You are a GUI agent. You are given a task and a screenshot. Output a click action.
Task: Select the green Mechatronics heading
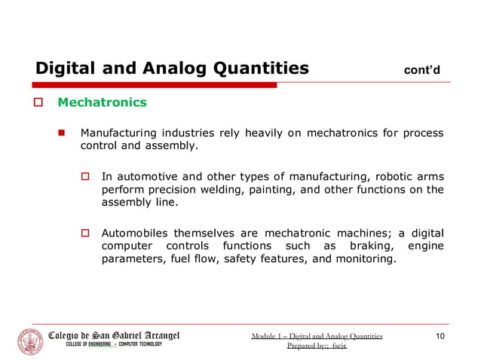point(103,101)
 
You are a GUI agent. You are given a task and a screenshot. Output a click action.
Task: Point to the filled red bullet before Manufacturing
point(65,133)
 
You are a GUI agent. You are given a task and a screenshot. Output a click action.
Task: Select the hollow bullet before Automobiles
point(86,233)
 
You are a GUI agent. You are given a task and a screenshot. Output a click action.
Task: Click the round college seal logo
point(31,340)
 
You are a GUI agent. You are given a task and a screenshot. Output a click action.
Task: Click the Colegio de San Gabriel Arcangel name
point(114,334)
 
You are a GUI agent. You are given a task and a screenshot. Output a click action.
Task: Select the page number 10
point(441,336)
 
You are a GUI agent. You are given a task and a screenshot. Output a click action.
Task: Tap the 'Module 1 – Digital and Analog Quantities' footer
point(317,336)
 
